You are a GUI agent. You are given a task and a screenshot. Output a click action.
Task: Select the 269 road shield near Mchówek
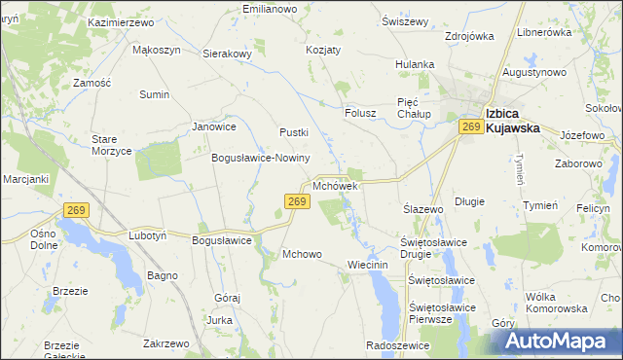coord(298,201)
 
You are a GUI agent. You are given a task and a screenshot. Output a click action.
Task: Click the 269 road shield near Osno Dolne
coord(78,209)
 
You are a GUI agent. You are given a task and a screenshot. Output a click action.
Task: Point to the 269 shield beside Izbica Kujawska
coord(472,127)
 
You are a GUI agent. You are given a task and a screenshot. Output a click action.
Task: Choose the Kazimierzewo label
coord(123,21)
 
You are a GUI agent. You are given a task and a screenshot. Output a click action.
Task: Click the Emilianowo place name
coord(269,9)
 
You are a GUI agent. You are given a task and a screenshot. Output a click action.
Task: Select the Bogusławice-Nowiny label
coord(261,158)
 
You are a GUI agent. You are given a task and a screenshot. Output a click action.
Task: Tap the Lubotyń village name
coord(149,235)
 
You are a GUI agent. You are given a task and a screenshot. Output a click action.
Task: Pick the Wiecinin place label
coord(368,265)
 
